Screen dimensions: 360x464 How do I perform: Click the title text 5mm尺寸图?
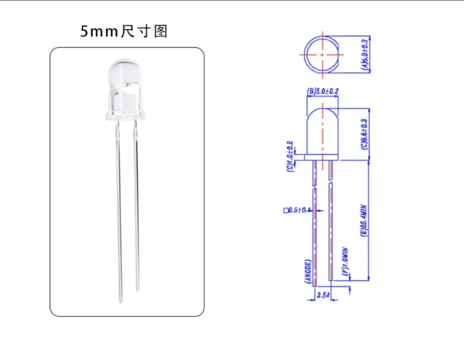point(124,32)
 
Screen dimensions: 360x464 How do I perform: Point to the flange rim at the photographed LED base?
point(124,117)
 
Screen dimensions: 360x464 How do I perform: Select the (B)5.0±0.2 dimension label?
point(323,92)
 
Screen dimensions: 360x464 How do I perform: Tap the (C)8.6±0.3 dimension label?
point(364,134)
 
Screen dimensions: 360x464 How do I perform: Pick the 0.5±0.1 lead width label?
point(299,210)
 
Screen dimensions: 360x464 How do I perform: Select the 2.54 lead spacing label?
point(322,295)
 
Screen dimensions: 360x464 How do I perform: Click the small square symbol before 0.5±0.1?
point(285,210)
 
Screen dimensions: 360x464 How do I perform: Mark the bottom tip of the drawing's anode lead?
point(315,285)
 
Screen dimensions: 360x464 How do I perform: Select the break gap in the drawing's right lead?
point(331,182)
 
